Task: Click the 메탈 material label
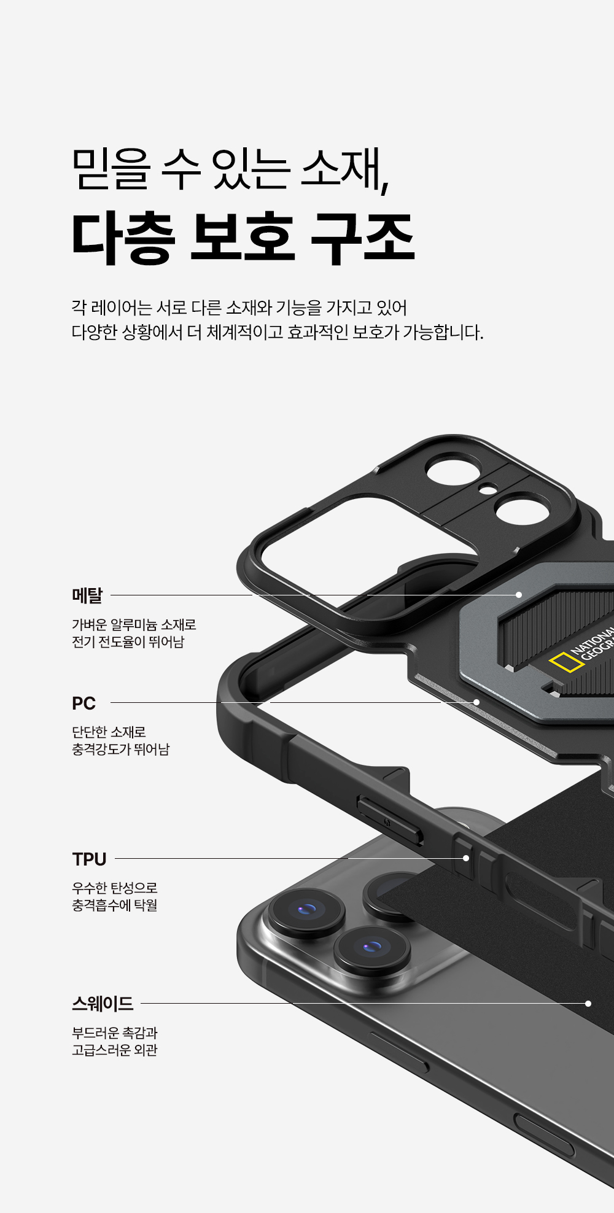click(x=87, y=595)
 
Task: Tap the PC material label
click(x=84, y=703)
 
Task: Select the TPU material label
click(x=89, y=859)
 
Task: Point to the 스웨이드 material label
click(x=102, y=1004)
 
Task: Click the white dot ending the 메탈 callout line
click(x=519, y=595)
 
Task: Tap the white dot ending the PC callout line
click(x=476, y=702)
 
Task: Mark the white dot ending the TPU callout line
click(x=466, y=858)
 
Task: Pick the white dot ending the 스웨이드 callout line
click(x=588, y=1004)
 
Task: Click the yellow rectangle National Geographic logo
click(x=565, y=662)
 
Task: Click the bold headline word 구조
click(x=362, y=238)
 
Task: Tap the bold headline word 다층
click(x=123, y=238)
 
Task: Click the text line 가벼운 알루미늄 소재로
click(x=134, y=625)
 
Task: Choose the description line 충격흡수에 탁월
click(x=115, y=905)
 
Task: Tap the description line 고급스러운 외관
click(x=115, y=1050)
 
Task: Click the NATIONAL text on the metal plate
click(x=592, y=641)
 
